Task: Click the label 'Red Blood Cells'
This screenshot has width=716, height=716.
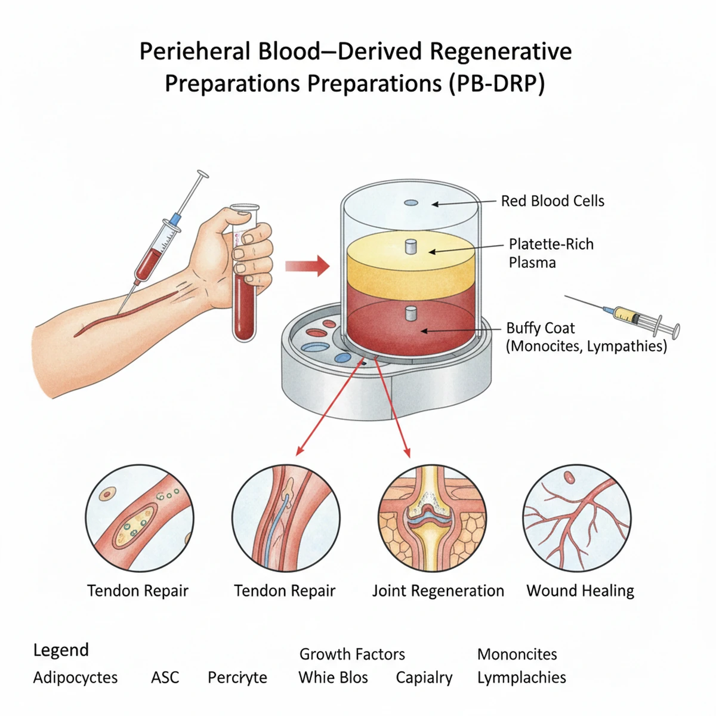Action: coord(553,201)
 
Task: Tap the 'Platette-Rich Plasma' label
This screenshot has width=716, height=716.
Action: coord(551,253)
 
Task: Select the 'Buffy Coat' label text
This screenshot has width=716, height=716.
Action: coord(541,328)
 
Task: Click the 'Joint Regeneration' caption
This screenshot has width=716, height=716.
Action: coord(438,591)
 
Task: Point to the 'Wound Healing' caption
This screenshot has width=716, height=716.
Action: coord(580,591)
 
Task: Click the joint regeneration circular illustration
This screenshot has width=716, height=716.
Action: coord(432,518)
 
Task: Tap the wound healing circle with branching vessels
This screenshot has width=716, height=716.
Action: coord(577,518)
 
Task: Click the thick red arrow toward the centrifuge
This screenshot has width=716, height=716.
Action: coord(307,265)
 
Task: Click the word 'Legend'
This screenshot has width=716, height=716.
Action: coord(61,650)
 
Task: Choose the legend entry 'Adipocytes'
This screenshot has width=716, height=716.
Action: coord(75,678)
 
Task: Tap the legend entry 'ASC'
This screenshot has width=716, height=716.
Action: coord(165,678)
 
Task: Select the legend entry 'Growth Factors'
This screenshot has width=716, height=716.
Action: coord(352,654)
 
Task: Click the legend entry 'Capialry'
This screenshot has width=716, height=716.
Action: coord(424,678)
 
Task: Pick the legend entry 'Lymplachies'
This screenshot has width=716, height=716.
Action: coord(521,678)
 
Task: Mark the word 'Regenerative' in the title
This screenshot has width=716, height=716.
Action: coord(501,51)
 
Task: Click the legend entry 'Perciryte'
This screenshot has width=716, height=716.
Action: coord(237,678)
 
